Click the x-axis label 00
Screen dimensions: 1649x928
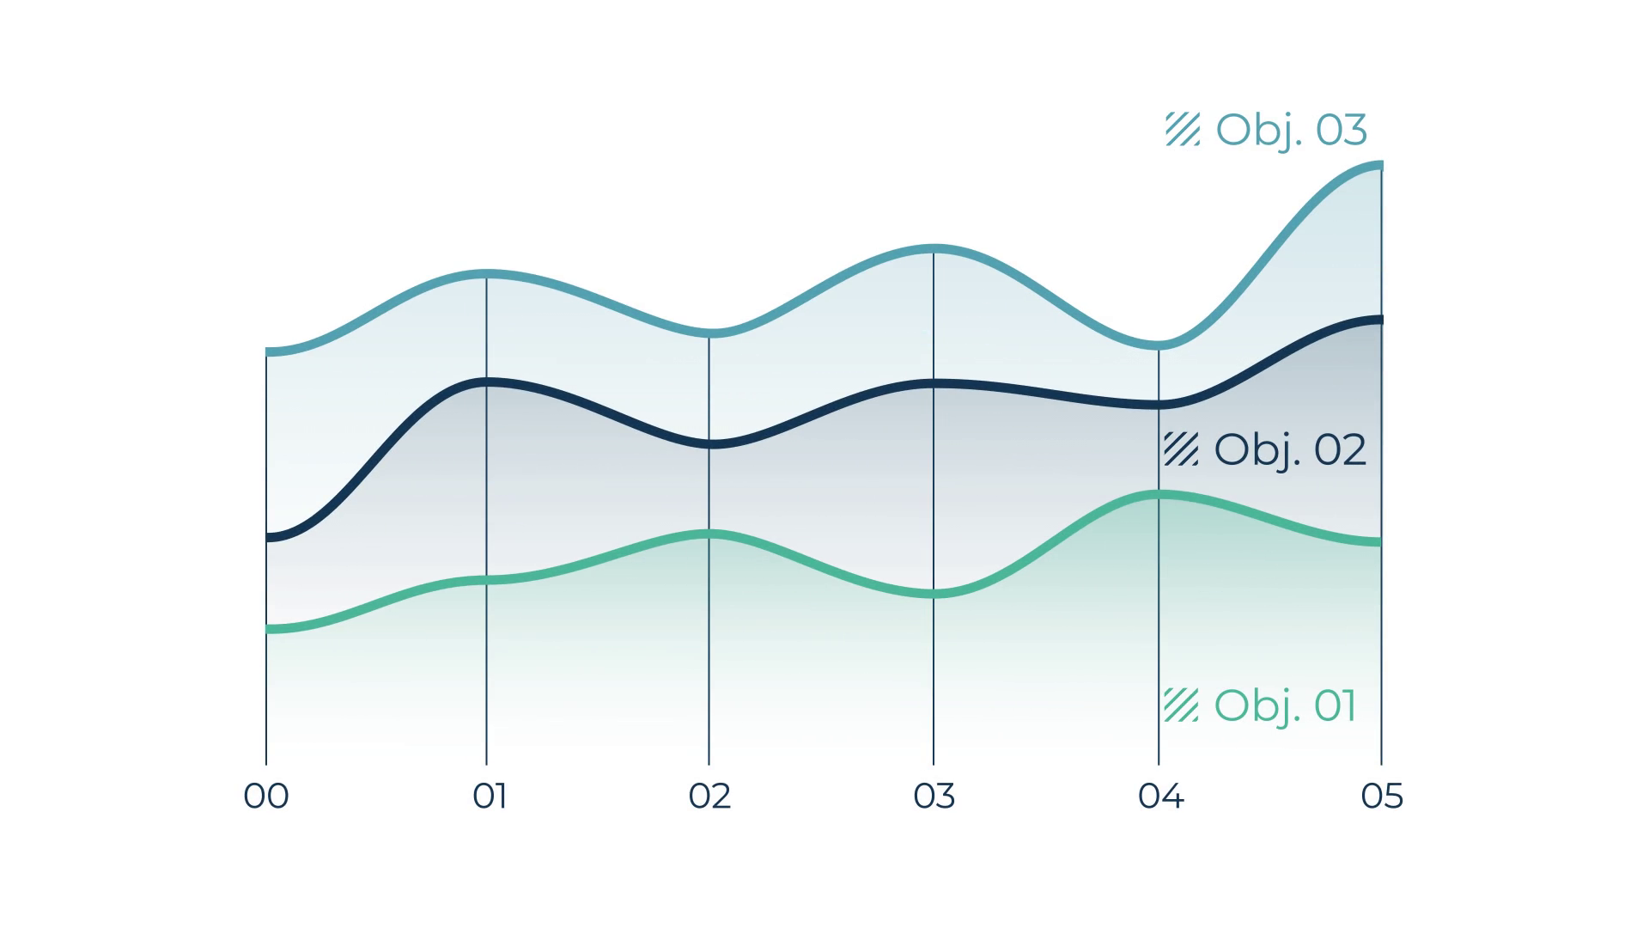pyautogui.click(x=266, y=797)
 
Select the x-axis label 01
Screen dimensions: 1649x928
pyautogui.click(x=490, y=797)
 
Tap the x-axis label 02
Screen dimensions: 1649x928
pyautogui.click(x=709, y=797)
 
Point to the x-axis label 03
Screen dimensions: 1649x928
pyautogui.click(x=934, y=797)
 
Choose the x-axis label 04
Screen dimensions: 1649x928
pyautogui.click(x=1161, y=797)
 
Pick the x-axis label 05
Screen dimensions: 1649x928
pyautogui.click(x=1382, y=797)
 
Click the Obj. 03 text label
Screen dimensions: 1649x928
pyautogui.click(x=1291, y=131)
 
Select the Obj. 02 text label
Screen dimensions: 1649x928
pyautogui.click(x=1290, y=450)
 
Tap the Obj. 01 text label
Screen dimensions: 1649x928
pyautogui.click(x=1286, y=706)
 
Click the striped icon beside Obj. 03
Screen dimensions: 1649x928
pyautogui.click(x=1183, y=129)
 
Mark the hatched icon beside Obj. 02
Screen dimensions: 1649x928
pyautogui.click(x=1181, y=449)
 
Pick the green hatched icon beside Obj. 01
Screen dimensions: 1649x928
pyautogui.click(x=1181, y=705)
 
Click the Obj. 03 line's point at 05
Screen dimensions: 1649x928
pyautogui.click(x=1381, y=165)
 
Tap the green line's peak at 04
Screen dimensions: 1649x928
pyautogui.click(x=1159, y=494)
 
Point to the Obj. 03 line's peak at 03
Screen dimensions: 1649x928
pyautogui.click(x=934, y=249)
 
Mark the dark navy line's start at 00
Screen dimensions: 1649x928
pyautogui.click(x=267, y=537)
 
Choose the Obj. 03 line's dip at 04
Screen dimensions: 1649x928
pyautogui.click(x=1159, y=345)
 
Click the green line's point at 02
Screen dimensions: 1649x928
pyautogui.click(x=709, y=534)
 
